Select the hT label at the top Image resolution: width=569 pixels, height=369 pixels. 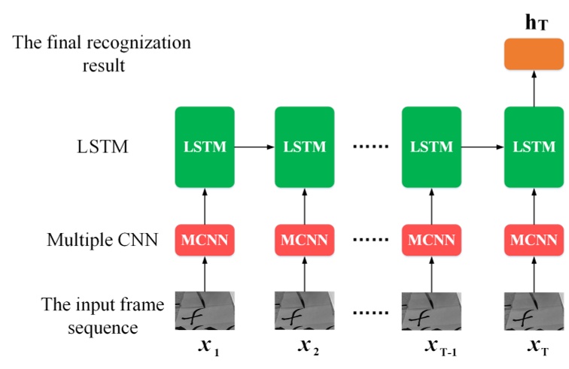[536, 23]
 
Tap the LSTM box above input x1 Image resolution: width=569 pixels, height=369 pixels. [205, 147]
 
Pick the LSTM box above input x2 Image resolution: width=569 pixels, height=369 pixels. [305, 147]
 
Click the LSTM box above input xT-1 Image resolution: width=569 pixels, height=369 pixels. [431, 147]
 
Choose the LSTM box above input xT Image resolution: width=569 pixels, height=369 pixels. [534, 147]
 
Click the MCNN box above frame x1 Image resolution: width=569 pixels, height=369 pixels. [205, 240]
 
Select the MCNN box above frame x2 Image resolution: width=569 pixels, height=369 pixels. [305, 240]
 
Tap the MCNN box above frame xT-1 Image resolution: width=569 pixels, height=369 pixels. [431, 240]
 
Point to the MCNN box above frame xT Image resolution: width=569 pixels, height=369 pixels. [534, 240]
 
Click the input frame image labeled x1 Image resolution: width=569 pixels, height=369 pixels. [205, 310]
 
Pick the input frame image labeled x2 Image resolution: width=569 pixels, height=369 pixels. [305, 310]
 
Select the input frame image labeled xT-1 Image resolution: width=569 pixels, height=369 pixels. [431, 310]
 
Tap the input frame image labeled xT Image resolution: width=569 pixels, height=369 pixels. [534, 310]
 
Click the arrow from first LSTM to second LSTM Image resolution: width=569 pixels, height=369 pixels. [254, 147]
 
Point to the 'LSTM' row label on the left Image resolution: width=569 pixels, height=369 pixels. [102, 147]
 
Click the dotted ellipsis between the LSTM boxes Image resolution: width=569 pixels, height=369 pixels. [368, 147]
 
